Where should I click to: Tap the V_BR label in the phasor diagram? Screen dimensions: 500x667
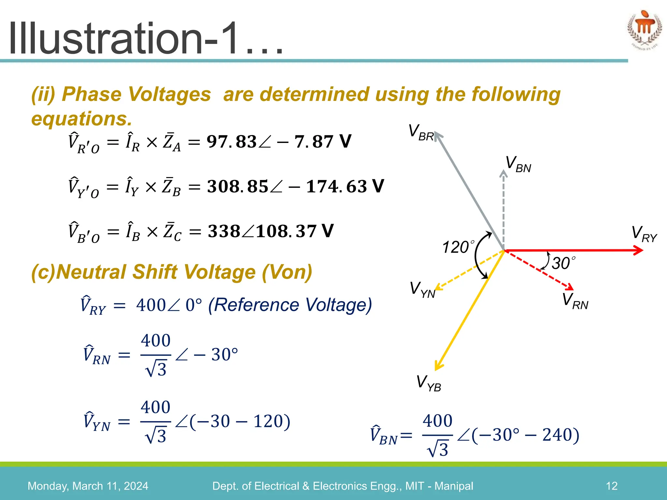point(421,133)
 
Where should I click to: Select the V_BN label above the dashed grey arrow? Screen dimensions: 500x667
point(518,164)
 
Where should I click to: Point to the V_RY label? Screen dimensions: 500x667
point(644,234)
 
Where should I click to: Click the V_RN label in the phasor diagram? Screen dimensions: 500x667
point(575,301)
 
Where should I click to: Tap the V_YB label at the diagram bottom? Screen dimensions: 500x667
point(429,383)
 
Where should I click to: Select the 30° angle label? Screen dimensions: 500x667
point(563,263)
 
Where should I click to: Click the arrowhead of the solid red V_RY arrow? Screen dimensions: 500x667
point(639,250)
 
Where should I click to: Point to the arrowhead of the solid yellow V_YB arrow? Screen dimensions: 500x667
point(438,366)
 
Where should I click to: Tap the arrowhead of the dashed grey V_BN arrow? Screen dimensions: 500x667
point(504,174)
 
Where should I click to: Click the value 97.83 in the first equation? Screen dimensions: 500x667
point(232,142)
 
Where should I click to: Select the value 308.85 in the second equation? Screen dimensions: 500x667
point(237,187)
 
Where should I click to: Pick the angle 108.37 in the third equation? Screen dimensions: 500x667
point(286,231)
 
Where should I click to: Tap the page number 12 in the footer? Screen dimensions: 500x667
point(611,486)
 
